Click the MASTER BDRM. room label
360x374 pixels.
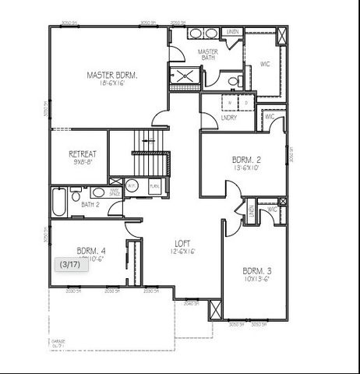[112, 76]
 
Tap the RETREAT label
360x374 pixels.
[83, 153]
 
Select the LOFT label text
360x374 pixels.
[182, 242]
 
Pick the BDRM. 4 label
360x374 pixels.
[91, 250]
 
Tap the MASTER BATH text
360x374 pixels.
[207, 55]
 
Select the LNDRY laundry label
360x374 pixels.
[229, 118]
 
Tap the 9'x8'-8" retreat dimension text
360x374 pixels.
[83, 162]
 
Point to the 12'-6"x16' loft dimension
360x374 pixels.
[182, 251]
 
